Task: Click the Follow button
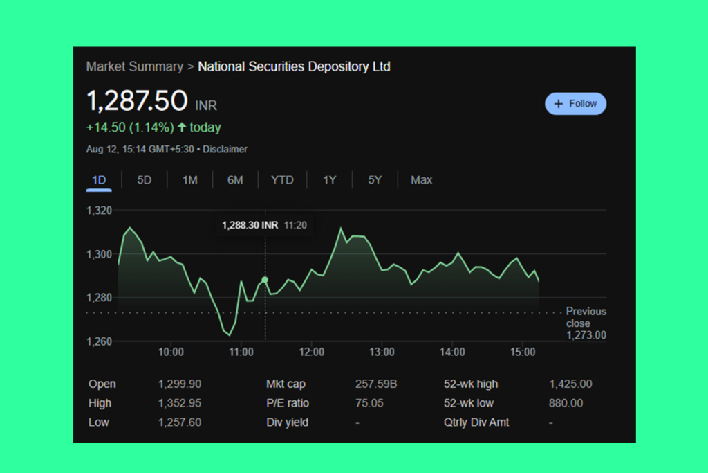click(575, 104)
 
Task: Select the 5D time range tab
click(144, 180)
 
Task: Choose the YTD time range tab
click(282, 180)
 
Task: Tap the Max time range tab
click(421, 180)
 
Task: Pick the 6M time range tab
click(235, 180)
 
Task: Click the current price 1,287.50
click(137, 101)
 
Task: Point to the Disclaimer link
click(225, 150)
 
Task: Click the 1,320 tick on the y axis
click(98, 211)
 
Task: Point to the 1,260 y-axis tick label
click(98, 341)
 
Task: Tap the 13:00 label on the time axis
click(382, 352)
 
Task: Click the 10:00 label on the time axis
click(171, 352)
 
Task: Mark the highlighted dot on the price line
click(265, 280)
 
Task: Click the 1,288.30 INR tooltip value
click(250, 225)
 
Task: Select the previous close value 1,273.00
click(586, 335)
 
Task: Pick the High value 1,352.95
click(180, 403)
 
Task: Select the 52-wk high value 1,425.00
click(570, 384)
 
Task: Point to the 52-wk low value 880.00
click(566, 403)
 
